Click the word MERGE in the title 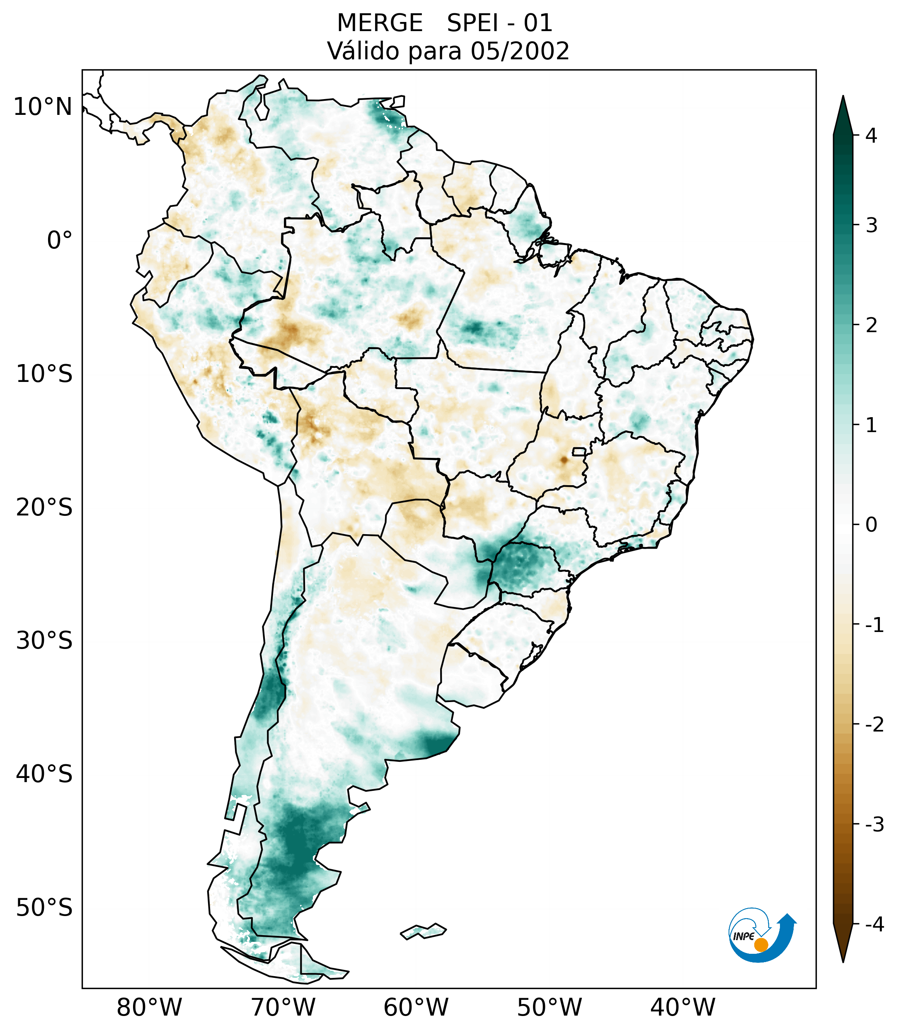379,23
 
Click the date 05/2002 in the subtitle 520,51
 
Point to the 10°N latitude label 43,107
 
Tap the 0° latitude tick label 60,241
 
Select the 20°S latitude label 44,508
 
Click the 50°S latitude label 44,908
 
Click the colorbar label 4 871,136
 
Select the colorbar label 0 871,525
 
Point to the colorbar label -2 874,725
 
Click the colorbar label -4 874,924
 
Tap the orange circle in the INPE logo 760,945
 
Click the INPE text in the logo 743,936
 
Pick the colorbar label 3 871,226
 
